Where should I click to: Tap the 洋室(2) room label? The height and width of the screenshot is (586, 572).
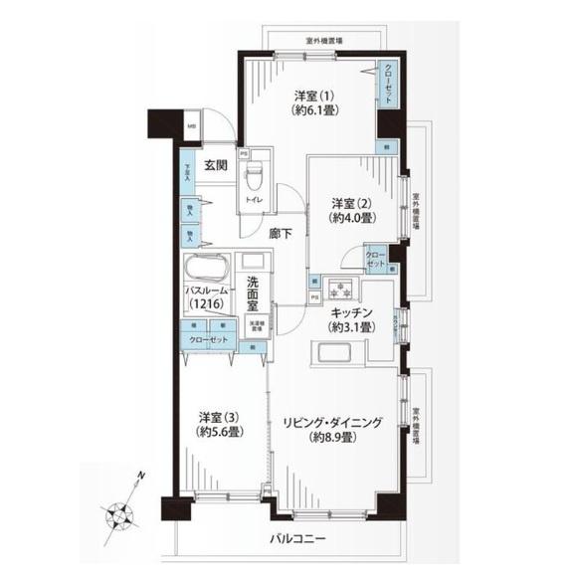coord(352,210)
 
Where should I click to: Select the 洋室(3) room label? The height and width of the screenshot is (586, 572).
coord(218,425)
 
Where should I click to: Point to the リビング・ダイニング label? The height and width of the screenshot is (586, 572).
coord(331,429)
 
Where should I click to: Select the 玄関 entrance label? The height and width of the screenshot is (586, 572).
coord(218,165)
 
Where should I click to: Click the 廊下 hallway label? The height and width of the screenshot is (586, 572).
coord(281,234)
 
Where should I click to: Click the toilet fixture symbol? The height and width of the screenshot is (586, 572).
coord(254,177)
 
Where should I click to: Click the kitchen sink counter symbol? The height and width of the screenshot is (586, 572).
coord(333,352)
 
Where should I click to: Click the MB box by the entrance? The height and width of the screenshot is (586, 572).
coord(192,125)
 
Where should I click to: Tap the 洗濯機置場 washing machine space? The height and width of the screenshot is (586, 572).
coord(256,324)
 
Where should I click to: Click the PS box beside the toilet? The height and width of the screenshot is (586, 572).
coord(242,153)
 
